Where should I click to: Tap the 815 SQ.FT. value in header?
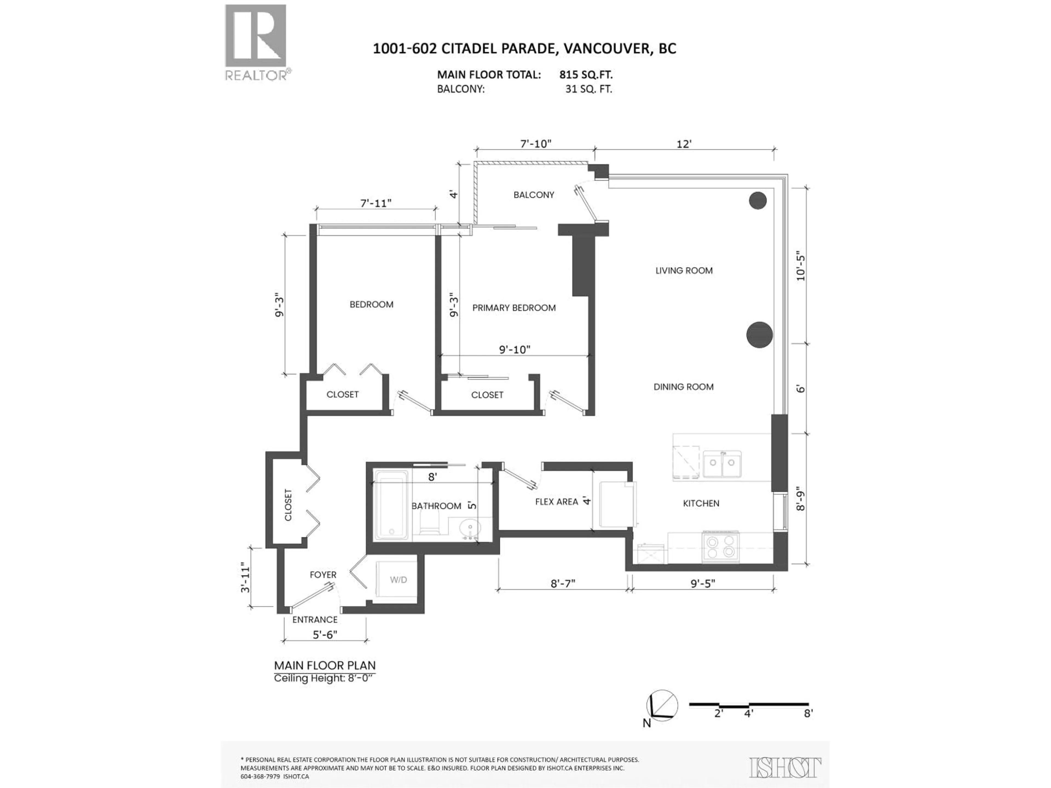[x=586, y=75]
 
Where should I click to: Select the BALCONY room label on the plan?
[x=534, y=195]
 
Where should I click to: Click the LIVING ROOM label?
[x=684, y=271]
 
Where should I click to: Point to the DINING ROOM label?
[x=683, y=387]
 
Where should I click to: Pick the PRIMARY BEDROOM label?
[x=514, y=308]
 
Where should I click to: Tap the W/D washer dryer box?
[x=398, y=580]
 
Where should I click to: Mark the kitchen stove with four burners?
[x=720, y=547]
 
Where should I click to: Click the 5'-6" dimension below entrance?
[x=325, y=635]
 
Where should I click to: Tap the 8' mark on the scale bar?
[x=808, y=713]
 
